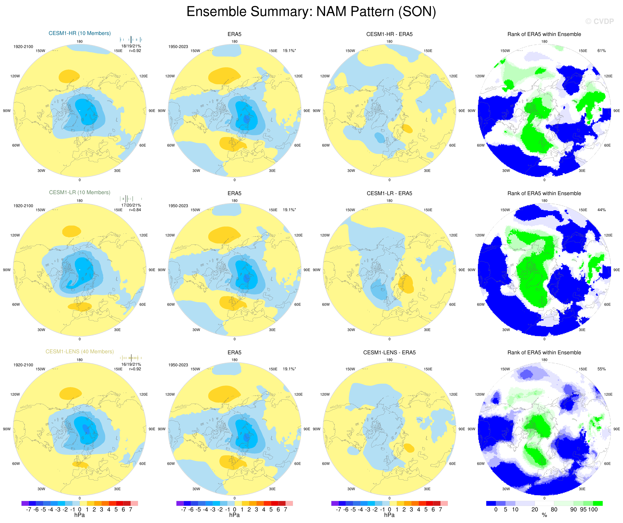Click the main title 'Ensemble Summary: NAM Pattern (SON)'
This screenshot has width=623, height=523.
311,12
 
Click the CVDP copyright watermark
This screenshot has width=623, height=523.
599,21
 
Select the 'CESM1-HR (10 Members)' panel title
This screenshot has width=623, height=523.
80,33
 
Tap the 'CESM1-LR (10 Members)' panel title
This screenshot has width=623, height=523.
80,192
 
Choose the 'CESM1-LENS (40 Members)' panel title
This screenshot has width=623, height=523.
80,351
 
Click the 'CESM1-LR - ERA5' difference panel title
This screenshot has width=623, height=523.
389,193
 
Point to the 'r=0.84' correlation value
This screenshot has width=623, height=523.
135,210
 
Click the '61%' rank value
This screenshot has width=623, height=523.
601,51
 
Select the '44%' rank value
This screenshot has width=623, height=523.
601,210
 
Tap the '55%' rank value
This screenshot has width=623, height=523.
601,369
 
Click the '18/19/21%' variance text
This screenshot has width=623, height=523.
131,46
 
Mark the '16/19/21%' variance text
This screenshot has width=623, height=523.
131,364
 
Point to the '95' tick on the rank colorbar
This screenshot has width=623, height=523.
583,509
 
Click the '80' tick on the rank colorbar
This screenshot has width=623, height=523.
554,509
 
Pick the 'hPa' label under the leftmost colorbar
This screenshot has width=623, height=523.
80,515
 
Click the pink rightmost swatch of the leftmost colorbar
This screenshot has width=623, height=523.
134,503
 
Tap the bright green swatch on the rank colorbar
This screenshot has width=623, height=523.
597,503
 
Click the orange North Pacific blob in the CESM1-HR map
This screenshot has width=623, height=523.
69,76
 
